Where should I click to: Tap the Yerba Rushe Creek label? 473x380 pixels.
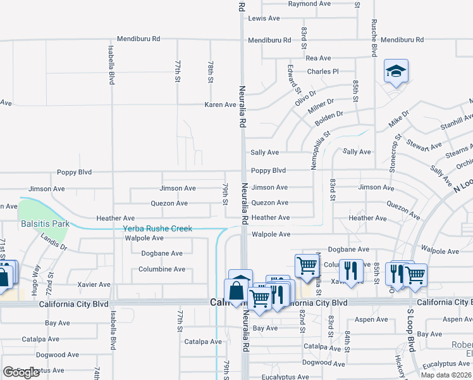[x=157, y=229]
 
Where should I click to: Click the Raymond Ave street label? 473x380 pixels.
[x=310, y=4]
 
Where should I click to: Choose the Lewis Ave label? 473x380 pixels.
[x=264, y=18]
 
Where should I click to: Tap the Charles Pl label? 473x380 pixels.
[x=323, y=72]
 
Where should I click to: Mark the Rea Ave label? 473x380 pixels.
[x=318, y=58]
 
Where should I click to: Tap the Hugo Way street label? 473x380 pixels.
[x=36, y=277]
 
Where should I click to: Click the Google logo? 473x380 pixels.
[x=21, y=372]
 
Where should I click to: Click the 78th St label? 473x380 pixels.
[x=211, y=72]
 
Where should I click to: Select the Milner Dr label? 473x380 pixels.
[x=321, y=104]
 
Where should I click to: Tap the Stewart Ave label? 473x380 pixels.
[x=424, y=146]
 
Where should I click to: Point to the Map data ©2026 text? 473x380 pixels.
[x=446, y=375]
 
